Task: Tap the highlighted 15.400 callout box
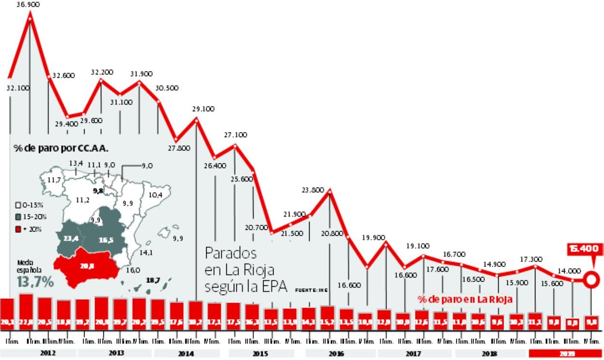586,249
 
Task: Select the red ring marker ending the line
590,279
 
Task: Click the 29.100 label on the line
203,109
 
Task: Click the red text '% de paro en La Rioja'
465,300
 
